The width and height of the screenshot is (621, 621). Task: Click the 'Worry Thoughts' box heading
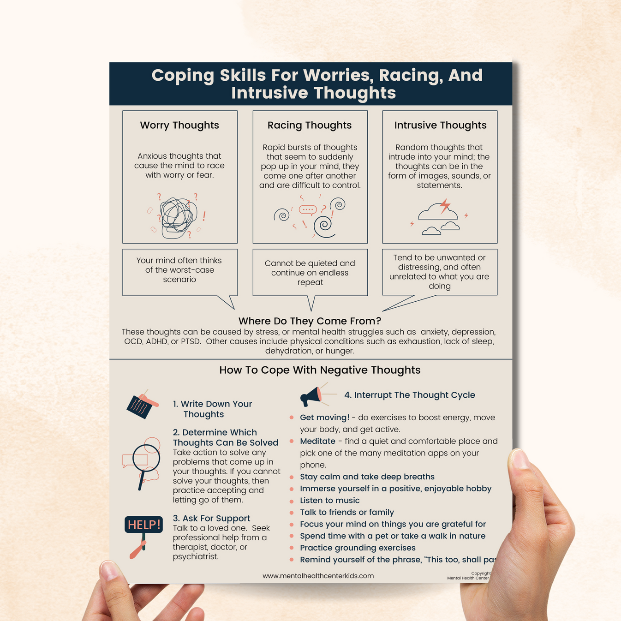[x=179, y=125]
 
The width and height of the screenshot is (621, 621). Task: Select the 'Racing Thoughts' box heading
[x=310, y=125]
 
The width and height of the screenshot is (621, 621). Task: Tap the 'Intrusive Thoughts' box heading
[x=440, y=125]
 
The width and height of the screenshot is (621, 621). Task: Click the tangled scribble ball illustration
[x=178, y=217]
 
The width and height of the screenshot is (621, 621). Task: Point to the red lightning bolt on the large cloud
[x=445, y=206]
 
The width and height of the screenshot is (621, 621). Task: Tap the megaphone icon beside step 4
[x=312, y=396]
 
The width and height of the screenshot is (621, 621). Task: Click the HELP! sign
[x=143, y=525]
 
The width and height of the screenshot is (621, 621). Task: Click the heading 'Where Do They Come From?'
[x=310, y=321]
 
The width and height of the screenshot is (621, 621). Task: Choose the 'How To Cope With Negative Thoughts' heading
[x=320, y=370]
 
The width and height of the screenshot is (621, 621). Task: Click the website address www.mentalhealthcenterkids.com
[x=318, y=576]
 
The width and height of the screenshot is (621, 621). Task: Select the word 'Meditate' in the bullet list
[x=317, y=442]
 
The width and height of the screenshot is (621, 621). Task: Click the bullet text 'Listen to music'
[x=329, y=501]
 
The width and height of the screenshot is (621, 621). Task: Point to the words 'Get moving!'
[x=324, y=418]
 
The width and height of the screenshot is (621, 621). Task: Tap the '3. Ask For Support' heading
[x=211, y=519]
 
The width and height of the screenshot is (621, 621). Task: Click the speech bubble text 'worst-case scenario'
[x=179, y=275]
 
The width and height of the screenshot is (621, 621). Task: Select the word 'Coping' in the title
[x=182, y=76]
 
